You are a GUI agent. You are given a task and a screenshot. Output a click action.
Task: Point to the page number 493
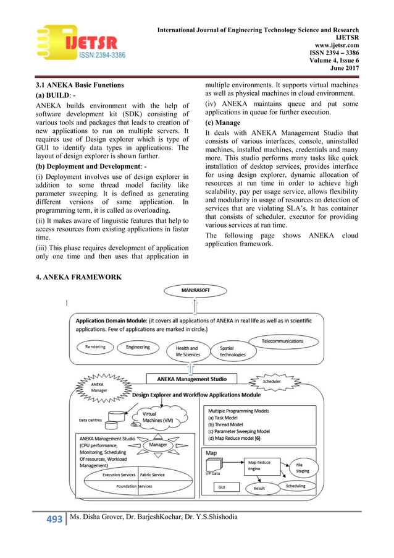(51, 518)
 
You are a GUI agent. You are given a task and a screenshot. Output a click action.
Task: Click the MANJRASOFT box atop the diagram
(195, 290)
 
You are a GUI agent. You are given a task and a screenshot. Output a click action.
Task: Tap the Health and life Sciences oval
(187, 351)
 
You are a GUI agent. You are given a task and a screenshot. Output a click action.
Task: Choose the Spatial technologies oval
(232, 351)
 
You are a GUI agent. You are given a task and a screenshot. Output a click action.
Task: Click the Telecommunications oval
(282, 341)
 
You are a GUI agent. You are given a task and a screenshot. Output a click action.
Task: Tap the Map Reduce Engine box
(260, 465)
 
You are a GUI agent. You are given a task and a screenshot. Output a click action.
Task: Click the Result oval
(259, 489)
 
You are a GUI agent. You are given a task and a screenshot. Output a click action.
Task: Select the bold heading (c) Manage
(223, 122)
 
